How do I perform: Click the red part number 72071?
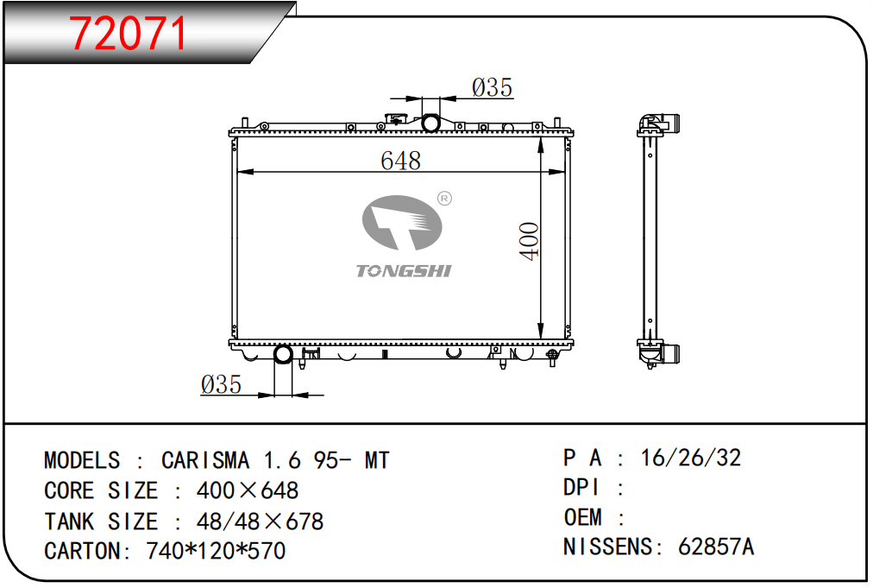coord(128,34)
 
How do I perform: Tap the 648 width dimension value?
coord(400,161)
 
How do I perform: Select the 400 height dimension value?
coord(529,241)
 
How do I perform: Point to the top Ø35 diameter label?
coord(493,87)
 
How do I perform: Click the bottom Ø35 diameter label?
coord(221,384)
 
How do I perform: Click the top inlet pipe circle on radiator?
coord(431,123)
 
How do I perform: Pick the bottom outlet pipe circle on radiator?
coord(283,355)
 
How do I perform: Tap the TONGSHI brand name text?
coord(404,271)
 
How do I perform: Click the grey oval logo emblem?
coord(401,223)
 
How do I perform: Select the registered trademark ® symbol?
coord(444,199)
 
